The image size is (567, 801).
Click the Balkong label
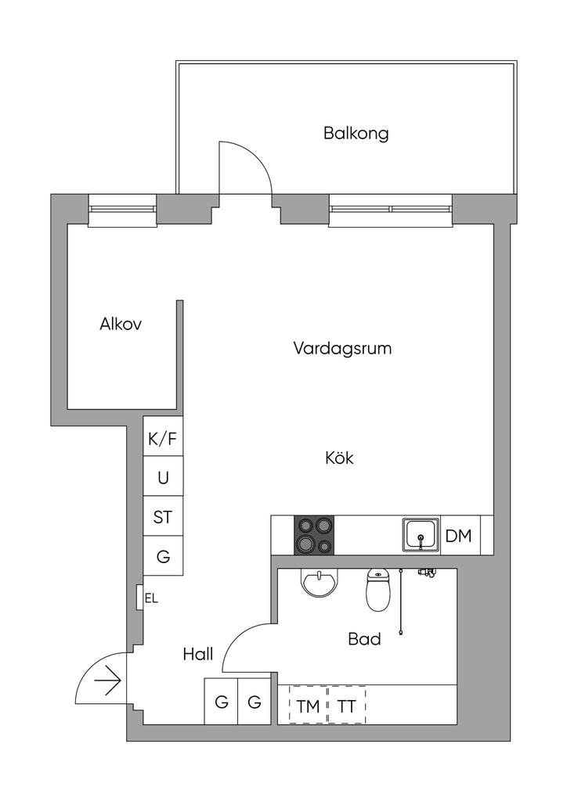(x=356, y=133)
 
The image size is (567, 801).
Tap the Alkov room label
(x=121, y=324)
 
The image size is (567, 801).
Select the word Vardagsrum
(x=342, y=349)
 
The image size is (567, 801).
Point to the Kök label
(x=339, y=457)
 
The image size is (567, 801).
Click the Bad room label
(x=364, y=638)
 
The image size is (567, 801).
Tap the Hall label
(x=198, y=654)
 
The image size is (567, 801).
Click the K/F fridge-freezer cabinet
(x=163, y=436)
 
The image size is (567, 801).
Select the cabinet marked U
(x=163, y=476)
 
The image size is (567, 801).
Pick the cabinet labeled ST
(x=163, y=516)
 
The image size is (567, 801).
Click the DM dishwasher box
(x=460, y=535)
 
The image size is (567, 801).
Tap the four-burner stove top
(x=313, y=535)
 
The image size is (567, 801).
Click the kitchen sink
(x=421, y=535)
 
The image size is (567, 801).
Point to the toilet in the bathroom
(x=377, y=591)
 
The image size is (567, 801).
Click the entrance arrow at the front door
(x=107, y=681)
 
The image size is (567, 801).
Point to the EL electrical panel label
(x=151, y=598)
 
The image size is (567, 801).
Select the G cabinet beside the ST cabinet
(x=163, y=556)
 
